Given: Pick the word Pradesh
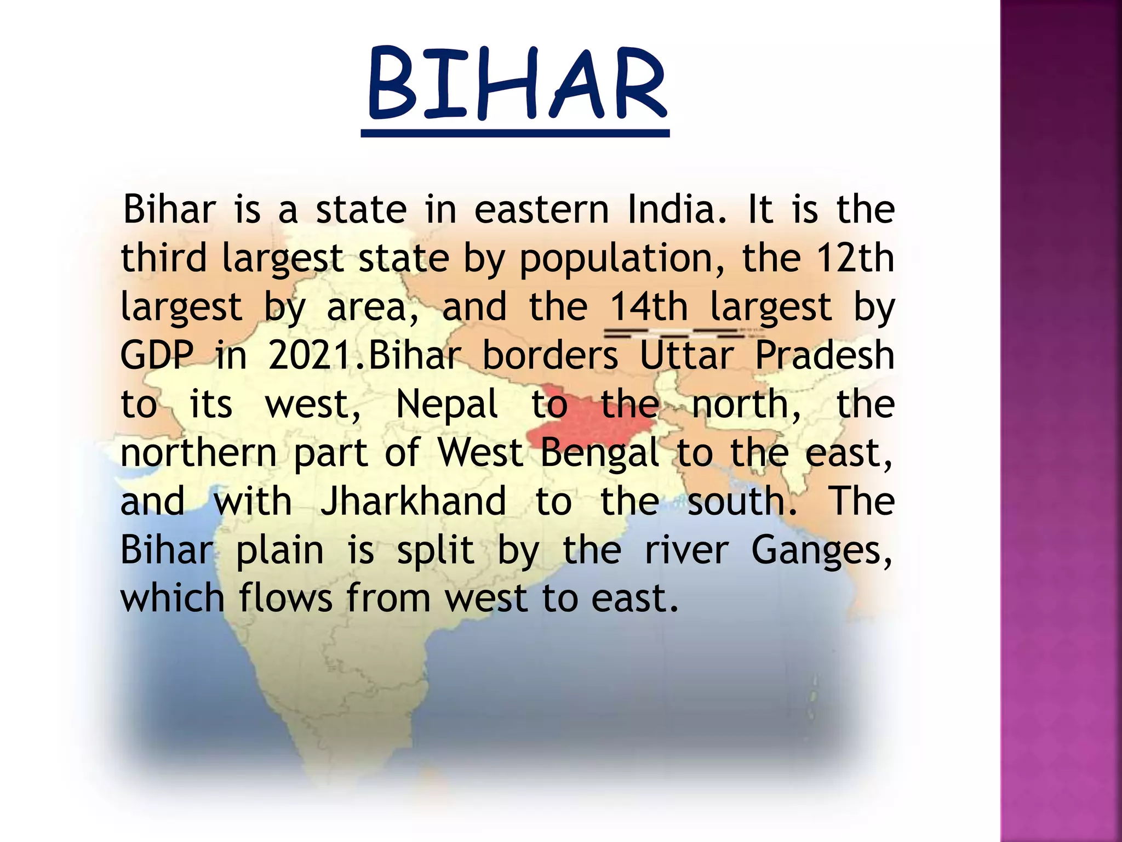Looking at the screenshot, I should (825, 355).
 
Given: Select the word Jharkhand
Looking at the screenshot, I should (414, 501).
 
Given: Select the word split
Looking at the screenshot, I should (436, 550).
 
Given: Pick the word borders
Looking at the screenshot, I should (550, 355).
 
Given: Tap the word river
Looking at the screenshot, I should (686, 549).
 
